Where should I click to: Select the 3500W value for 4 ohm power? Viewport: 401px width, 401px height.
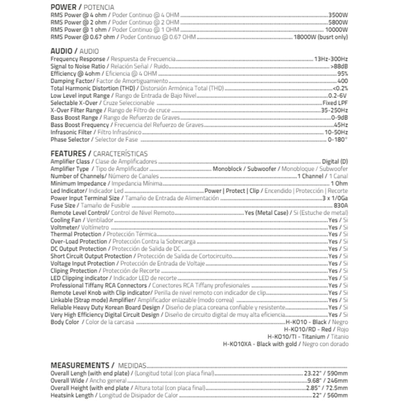point(338,15)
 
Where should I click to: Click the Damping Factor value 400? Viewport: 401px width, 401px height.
point(342,81)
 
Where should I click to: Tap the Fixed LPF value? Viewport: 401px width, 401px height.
point(335,102)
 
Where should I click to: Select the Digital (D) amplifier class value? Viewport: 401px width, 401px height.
point(334,162)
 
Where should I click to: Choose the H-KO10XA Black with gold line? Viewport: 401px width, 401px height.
point(286,344)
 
